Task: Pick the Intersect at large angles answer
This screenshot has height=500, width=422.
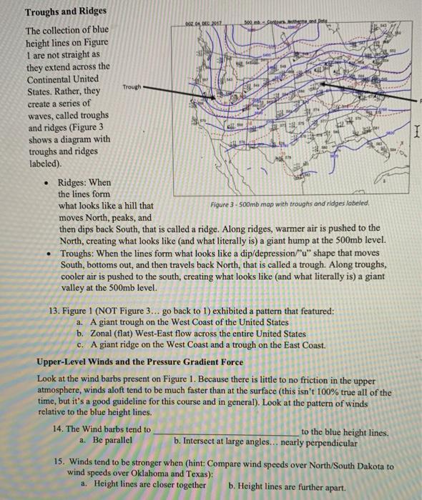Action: click(x=275, y=441)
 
